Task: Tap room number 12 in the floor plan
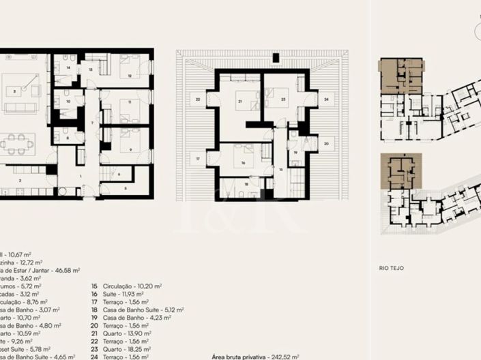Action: click(x=130, y=76)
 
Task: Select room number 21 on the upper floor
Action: click(x=240, y=102)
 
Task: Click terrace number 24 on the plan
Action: click(x=327, y=99)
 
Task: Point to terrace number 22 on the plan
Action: click(x=198, y=100)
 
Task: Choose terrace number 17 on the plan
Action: click(x=198, y=159)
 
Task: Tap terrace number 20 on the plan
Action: click(x=326, y=144)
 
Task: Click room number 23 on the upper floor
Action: click(x=283, y=100)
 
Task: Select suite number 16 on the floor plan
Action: click(x=242, y=163)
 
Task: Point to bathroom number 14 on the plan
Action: click(x=68, y=68)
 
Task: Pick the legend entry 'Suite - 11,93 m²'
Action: click(x=120, y=295)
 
